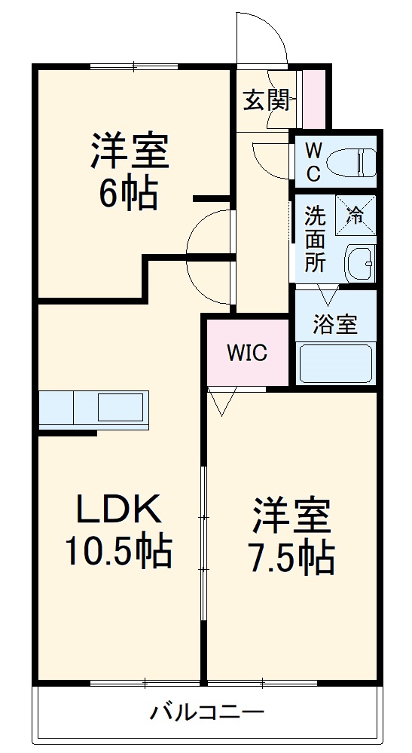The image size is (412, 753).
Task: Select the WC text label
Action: point(313,161)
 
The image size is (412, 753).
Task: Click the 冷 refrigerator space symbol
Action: point(355,214)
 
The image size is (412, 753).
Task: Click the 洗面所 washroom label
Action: point(314,239)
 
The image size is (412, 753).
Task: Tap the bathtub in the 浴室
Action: point(336,364)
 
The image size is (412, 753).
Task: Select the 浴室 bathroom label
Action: point(335,325)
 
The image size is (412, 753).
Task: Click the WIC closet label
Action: point(248,353)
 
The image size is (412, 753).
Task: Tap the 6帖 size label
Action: point(128,194)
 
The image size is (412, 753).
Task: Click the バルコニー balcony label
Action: point(206,712)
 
